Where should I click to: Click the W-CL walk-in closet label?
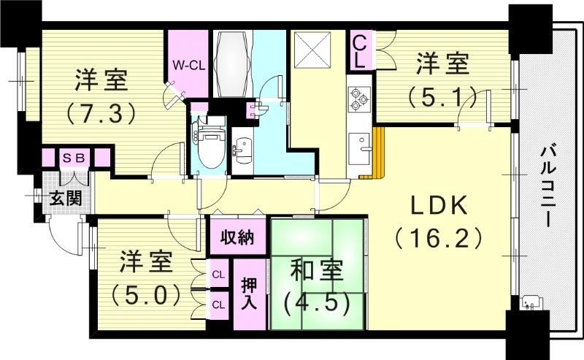coord(188,65)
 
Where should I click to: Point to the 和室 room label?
coord(315,271)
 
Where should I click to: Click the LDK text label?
coord(438,207)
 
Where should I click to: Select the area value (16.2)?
coord(438,238)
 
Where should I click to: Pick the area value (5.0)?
coord(145,294)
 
